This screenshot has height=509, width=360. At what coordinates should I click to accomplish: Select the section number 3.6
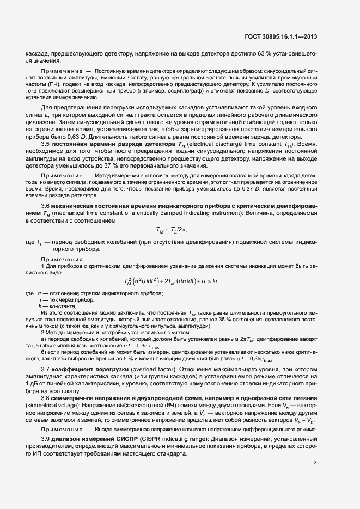47,205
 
